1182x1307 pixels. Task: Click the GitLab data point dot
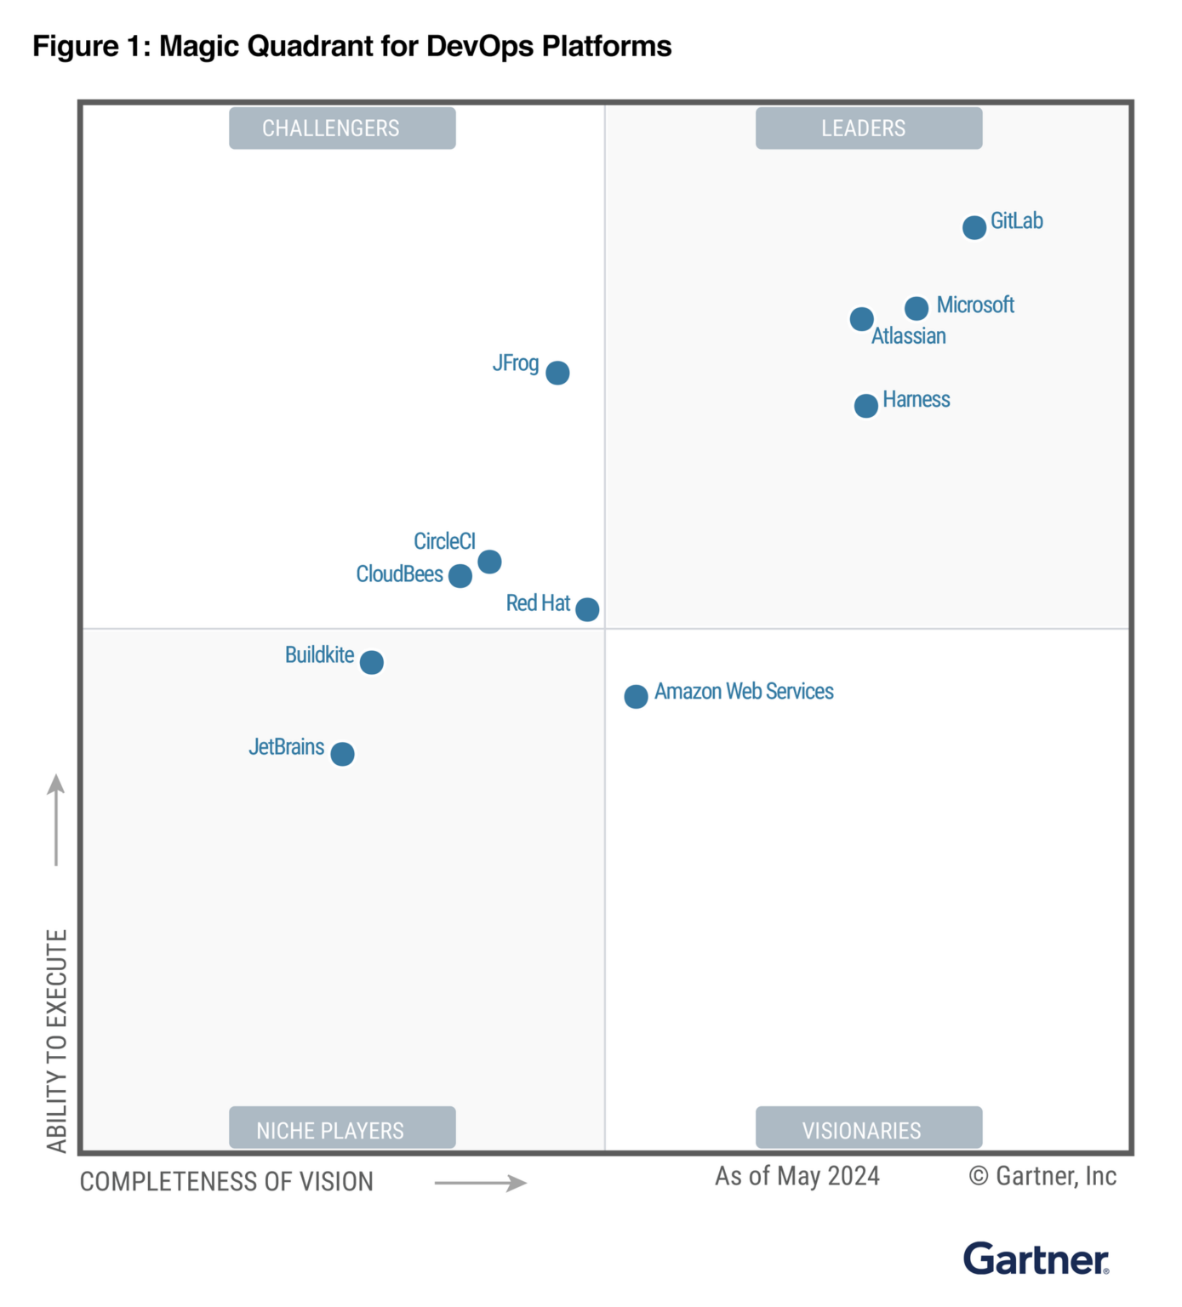974,227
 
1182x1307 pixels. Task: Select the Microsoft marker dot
916,308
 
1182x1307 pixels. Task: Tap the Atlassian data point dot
861,319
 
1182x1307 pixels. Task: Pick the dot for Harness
865,406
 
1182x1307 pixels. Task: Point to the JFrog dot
557,373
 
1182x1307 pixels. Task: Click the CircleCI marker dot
489,562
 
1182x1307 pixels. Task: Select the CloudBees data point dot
460,576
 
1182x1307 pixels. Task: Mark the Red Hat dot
587,609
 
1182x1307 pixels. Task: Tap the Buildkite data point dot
371,662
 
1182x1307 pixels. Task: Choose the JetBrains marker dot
342,754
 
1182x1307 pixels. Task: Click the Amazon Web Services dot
636,697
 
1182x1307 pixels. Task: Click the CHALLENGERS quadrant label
342,128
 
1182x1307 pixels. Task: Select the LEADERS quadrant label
868,128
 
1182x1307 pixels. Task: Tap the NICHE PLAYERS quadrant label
342,1129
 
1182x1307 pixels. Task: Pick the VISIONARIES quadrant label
868,1129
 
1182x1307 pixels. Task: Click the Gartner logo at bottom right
1036,1259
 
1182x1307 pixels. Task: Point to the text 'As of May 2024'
797,1176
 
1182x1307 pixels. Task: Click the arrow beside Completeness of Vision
481,1183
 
